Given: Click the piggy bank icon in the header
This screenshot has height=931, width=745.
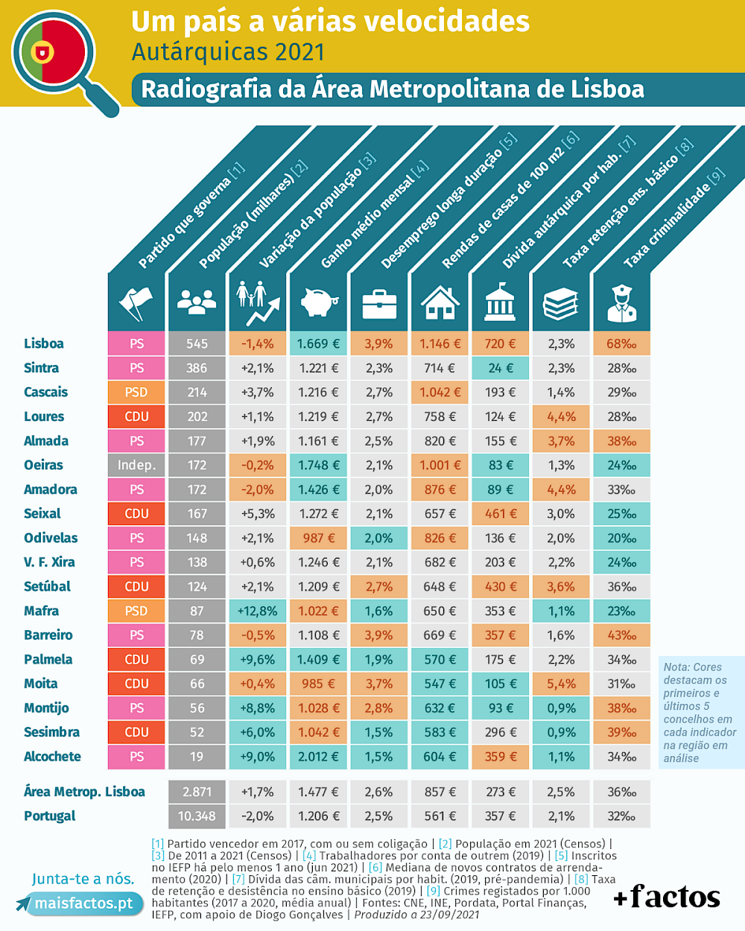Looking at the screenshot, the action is pos(319,302).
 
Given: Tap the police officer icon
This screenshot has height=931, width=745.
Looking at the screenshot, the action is pos(621,303).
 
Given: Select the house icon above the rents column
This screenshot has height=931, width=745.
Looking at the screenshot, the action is pos(440,302).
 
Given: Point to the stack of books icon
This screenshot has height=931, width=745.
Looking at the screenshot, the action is pos(560,303).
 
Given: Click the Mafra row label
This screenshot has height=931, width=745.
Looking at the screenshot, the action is pos(41,611).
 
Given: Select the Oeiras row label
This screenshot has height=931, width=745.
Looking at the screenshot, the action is pos(43,465).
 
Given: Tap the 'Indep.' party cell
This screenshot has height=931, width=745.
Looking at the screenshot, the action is pos(136,465).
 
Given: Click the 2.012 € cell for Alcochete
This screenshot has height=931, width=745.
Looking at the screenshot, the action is pos(319,757).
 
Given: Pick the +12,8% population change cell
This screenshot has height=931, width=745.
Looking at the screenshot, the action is pos(258,611).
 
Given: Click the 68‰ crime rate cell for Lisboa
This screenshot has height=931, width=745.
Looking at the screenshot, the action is pos(621,343).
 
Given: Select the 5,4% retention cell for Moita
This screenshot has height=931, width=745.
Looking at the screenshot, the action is pos(561,684).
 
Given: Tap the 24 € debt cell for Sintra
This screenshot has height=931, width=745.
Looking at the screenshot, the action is pos(501,368).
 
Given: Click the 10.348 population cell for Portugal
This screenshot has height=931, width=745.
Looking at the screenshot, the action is pos(197,816).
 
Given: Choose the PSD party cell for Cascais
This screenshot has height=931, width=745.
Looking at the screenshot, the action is pos(136,393).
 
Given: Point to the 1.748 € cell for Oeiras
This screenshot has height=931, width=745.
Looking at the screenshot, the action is pos(319,465).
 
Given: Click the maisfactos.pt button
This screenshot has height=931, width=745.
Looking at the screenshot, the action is pos(83,903).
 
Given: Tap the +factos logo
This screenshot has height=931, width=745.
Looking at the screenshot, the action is pos(667,897).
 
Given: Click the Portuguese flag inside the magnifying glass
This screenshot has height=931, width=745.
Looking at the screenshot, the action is pos(52,52).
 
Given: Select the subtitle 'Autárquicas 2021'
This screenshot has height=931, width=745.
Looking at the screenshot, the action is pos(228,52).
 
